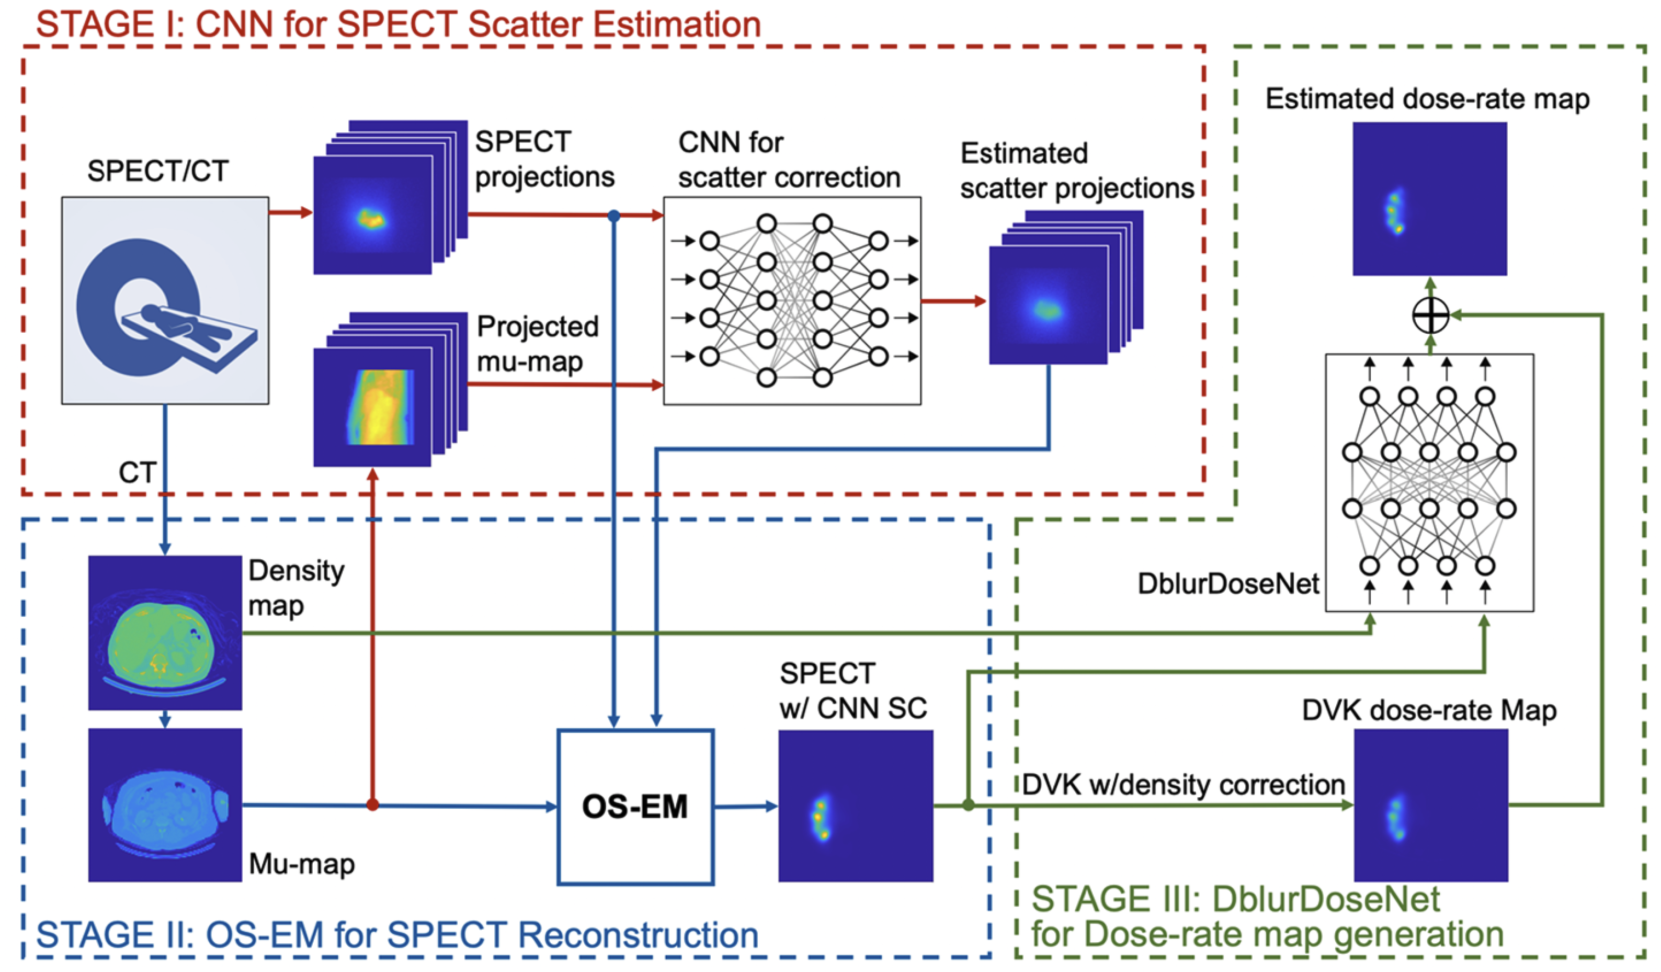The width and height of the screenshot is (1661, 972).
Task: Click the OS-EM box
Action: [x=635, y=806]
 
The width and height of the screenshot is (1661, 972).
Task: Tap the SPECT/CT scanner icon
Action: [x=165, y=300]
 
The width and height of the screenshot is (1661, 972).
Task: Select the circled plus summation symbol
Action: [x=1430, y=315]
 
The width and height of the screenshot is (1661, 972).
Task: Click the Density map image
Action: [x=165, y=632]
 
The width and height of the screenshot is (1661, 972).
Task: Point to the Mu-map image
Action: [x=165, y=805]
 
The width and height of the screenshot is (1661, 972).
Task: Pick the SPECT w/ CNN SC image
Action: [x=856, y=805]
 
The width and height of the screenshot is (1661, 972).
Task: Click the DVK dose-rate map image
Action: [x=1431, y=805]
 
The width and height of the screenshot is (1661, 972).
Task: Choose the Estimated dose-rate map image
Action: [x=1430, y=198]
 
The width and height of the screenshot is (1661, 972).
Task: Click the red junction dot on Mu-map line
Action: [x=372, y=805]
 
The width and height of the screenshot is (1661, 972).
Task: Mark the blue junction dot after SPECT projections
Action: [x=613, y=216]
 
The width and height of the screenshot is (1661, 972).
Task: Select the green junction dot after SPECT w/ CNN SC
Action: [x=968, y=805]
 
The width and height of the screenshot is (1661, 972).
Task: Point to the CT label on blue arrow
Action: [x=137, y=472]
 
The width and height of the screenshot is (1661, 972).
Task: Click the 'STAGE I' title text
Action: [x=398, y=25]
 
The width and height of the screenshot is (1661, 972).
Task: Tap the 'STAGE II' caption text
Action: [x=397, y=934]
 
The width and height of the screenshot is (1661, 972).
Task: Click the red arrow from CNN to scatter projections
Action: [x=953, y=301]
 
